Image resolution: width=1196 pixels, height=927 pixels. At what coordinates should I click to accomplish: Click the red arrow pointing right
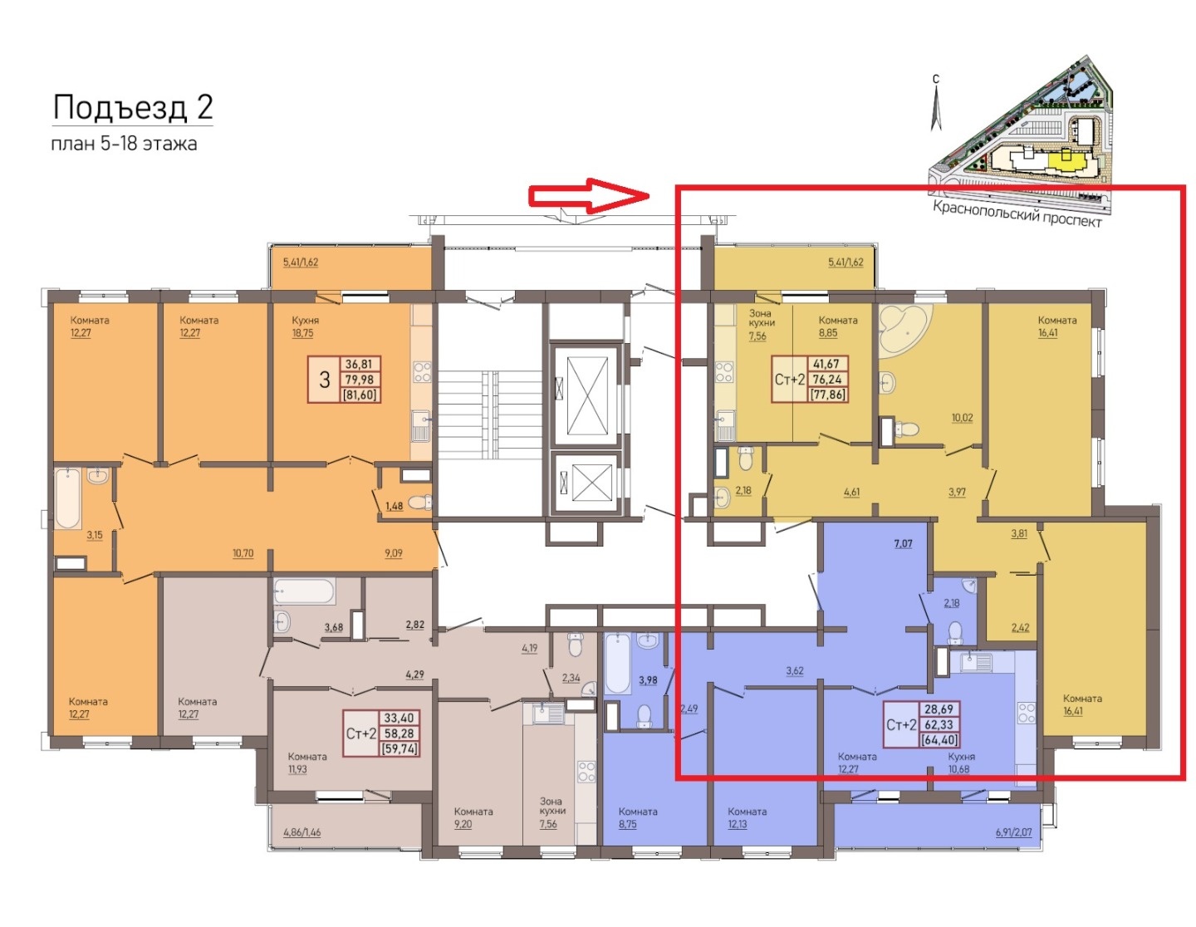(x=589, y=195)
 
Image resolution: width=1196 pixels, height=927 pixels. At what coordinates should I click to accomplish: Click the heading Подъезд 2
(x=133, y=107)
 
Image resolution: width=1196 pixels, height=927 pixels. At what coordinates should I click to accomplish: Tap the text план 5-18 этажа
(x=124, y=145)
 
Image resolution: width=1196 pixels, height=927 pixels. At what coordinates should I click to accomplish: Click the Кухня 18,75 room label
(x=305, y=326)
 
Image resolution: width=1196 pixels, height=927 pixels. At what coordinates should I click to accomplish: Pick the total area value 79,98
(x=358, y=380)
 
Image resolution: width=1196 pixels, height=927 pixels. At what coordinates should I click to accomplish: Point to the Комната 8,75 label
(x=637, y=817)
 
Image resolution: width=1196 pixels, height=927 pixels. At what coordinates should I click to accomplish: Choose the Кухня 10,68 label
(x=961, y=763)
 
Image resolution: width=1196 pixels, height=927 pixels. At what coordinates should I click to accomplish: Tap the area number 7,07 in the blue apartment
(x=903, y=543)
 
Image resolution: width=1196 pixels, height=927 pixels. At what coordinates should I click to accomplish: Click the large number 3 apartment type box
(x=325, y=380)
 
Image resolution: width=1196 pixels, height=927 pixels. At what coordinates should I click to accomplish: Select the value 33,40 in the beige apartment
(x=399, y=718)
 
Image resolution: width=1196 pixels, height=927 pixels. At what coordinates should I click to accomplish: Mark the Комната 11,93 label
(x=307, y=763)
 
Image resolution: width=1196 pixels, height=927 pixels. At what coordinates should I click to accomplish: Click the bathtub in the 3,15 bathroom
(x=68, y=498)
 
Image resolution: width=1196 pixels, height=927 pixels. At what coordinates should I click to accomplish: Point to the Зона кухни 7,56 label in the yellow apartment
(x=761, y=324)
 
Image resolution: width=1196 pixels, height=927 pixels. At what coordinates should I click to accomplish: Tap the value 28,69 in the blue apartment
(x=939, y=709)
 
